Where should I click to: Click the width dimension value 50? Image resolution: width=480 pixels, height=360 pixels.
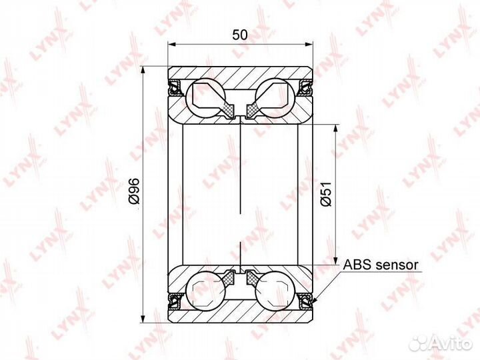(240, 35)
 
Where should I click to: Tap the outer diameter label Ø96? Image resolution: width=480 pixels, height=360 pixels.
(135, 191)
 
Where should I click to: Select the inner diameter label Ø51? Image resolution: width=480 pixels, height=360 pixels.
(326, 193)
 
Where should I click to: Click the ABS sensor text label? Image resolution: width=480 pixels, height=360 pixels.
(381, 265)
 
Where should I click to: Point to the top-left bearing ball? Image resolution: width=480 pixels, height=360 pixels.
(206, 97)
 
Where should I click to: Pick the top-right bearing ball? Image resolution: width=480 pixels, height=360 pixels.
(275, 97)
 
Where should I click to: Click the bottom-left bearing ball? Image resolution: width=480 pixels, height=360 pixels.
(206, 290)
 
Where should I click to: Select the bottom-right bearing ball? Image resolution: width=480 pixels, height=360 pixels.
(275, 290)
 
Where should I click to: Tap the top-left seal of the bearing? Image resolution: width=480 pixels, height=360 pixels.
(175, 87)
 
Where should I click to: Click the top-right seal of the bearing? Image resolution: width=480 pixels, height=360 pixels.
(305, 87)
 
